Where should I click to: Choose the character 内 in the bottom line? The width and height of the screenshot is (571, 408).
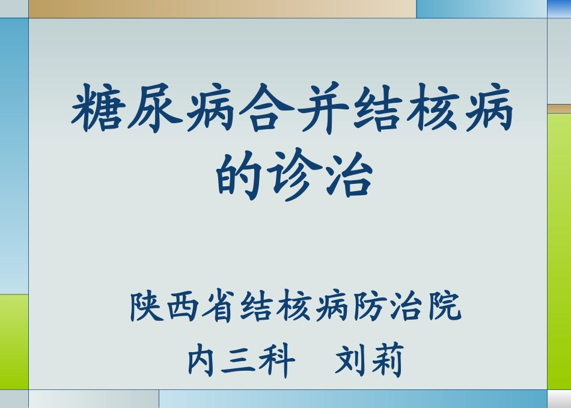click(203, 362)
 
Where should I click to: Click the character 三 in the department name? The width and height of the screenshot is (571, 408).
click(239, 362)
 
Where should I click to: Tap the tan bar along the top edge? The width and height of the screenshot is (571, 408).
click(222, 8)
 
